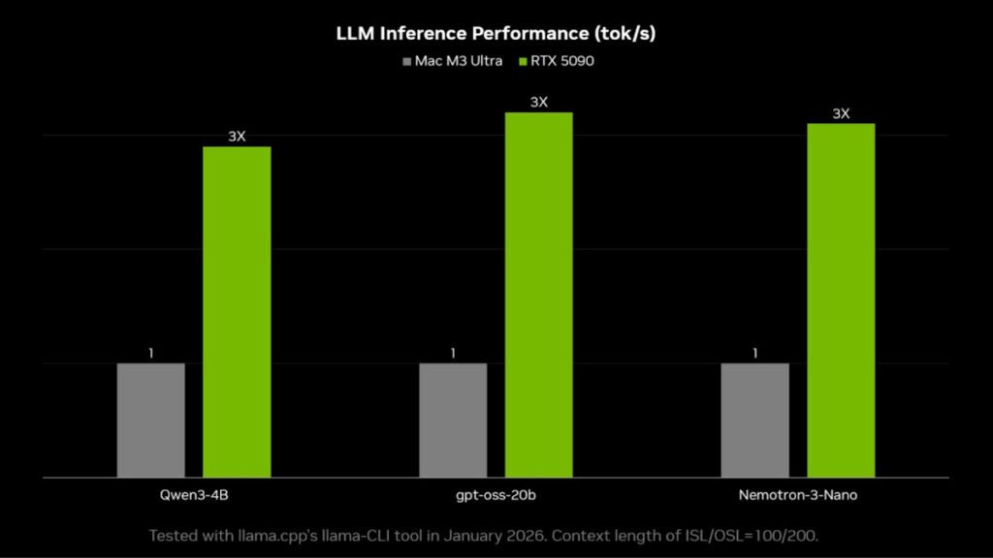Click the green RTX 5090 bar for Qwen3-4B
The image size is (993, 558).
coord(237,312)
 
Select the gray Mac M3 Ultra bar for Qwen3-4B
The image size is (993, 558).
coord(150,420)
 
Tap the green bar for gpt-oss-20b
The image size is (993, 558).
coord(538,294)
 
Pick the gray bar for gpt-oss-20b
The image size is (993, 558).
coord(453,420)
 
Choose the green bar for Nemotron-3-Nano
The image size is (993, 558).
coord(841,300)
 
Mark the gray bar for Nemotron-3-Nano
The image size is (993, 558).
coord(754,420)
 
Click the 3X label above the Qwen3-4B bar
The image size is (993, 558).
coord(237,137)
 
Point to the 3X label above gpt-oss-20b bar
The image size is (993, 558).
coord(538,102)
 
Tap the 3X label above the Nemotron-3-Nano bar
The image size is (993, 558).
coord(841,113)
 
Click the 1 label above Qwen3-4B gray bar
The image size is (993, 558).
coord(150,354)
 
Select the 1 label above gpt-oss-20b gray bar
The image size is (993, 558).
coord(453,354)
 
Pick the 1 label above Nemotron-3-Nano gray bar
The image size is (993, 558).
coord(754,354)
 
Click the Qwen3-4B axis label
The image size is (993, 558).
coord(193,495)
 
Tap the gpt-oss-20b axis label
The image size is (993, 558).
coord(496,495)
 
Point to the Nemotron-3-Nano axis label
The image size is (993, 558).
coord(797,495)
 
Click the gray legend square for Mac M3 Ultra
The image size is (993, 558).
coord(406,61)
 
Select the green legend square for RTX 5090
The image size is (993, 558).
coord(523,61)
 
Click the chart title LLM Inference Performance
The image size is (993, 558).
coord(496,34)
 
